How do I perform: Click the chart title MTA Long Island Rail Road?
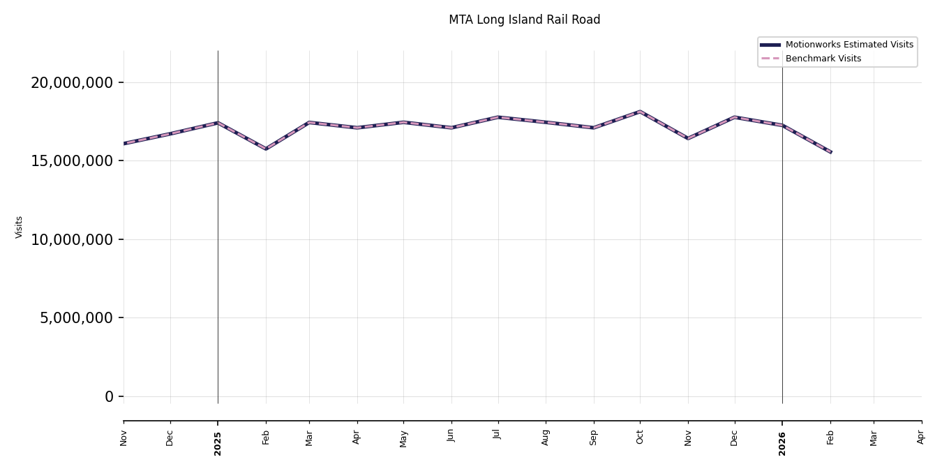[524, 20]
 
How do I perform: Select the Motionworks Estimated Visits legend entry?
[848, 45]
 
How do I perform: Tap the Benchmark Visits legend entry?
[823, 59]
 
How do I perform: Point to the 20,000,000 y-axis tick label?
[72, 82]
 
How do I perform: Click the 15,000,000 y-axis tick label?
[72, 160]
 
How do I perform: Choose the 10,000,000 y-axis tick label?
[72, 239]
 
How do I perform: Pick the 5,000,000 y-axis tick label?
[76, 317]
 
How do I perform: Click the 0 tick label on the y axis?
[109, 396]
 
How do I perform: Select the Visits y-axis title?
[20, 227]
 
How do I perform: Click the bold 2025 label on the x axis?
[218, 443]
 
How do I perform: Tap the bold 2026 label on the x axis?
[782, 443]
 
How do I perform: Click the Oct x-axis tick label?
[640, 437]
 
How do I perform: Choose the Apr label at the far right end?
[921, 437]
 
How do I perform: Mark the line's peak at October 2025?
[640, 112]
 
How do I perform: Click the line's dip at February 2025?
[266, 149]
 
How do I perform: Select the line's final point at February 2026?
[830, 151]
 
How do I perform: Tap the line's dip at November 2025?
[688, 138]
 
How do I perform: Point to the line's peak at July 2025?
[498, 117]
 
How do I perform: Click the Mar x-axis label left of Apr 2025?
[309, 438]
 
